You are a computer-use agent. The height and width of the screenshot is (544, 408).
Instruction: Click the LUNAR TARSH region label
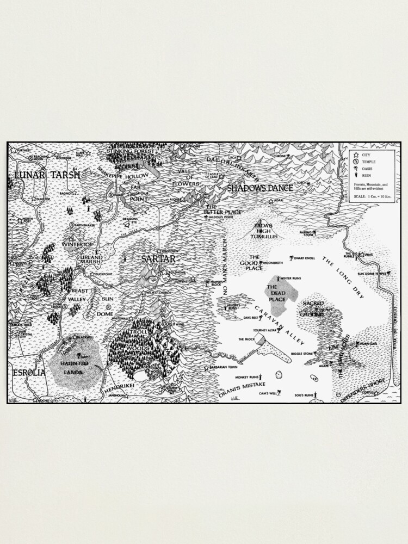pyautogui.click(x=47, y=175)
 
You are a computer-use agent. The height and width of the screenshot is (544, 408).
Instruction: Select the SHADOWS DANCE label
pyautogui.click(x=259, y=188)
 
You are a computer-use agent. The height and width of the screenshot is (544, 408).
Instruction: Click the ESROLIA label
pyautogui.click(x=28, y=373)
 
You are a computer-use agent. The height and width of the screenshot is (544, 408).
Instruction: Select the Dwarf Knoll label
pyautogui.click(x=305, y=257)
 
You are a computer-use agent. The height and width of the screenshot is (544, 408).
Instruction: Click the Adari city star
pyautogui.click(x=271, y=201)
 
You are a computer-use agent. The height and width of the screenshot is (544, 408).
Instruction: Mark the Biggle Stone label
pyautogui.click(x=302, y=353)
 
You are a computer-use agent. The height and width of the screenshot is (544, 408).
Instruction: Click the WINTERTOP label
pyautogui.click(x=78, y=244)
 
